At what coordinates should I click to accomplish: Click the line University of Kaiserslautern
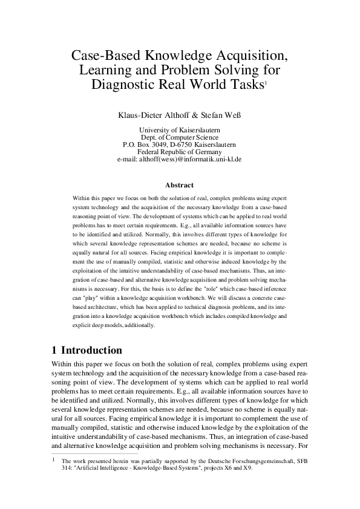[180, 131]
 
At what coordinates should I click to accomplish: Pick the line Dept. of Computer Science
[180, 138]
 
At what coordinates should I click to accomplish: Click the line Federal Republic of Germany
[180, 152]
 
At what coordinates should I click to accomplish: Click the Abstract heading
[179, 185]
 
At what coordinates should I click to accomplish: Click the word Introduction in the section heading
[91, 351]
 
